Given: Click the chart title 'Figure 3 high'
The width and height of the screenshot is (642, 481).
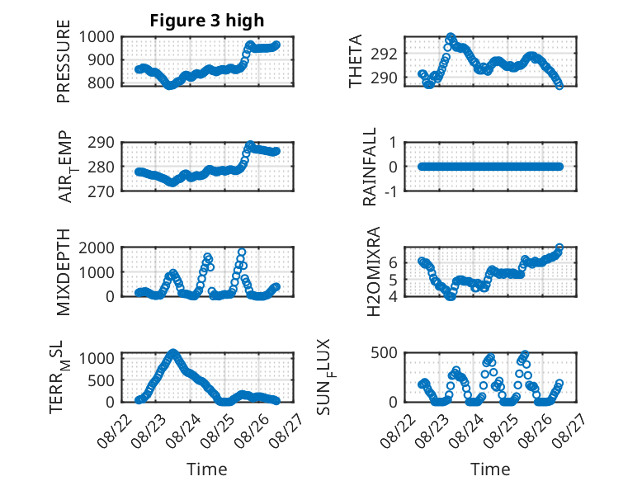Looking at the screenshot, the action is point(207,21).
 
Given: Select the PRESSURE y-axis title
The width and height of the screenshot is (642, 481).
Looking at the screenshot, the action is point(64,61).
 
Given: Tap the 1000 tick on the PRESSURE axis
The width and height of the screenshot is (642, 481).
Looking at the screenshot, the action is point(97,37).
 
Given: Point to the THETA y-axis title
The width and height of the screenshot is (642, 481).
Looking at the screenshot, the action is point(356,61).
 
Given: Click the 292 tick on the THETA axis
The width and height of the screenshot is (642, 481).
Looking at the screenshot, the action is point(384,54).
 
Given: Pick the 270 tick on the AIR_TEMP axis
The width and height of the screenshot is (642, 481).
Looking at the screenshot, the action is point(101,191).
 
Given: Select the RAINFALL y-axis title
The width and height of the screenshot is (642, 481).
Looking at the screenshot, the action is point(370,167).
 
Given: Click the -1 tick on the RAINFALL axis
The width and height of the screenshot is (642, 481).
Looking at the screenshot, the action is point(391,191).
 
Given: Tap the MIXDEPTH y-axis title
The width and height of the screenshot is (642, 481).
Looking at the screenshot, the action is point(64,272).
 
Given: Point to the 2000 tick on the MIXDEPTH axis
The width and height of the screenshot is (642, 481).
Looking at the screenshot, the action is point(97,248).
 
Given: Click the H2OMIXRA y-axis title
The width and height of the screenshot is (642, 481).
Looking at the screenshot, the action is point(374,271).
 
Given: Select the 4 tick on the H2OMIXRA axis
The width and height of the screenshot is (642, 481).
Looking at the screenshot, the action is point(393,296).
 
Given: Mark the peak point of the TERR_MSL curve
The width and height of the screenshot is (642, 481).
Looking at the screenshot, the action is point(173,352).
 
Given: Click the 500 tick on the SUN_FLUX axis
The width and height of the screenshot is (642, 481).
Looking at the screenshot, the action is point(384,353).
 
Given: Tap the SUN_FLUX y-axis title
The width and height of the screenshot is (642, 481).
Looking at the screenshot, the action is point(326,377).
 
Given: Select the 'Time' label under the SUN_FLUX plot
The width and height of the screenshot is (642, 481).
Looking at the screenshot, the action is point(490,469).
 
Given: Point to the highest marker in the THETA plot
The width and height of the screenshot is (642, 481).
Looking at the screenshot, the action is point(451,37).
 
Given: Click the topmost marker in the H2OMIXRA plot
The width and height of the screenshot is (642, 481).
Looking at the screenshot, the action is point(559,248).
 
